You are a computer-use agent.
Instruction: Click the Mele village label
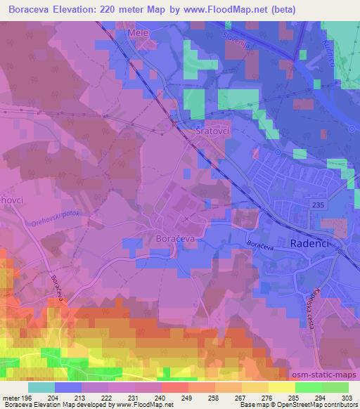(x=139, y=32)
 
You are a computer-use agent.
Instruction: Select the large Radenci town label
(x=310, y=242)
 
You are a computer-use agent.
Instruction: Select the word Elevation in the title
(x=73, y=10)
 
